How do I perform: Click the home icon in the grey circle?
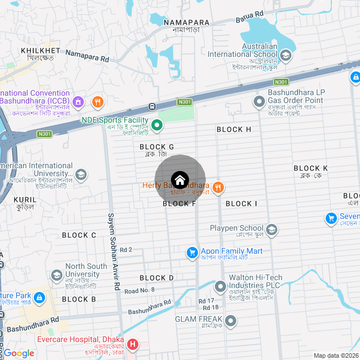179,181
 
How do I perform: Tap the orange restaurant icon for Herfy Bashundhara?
219,187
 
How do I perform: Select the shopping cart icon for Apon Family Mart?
192,253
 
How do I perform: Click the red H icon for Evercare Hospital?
133,344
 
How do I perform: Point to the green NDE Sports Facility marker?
157,125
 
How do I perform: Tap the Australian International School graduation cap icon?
286,55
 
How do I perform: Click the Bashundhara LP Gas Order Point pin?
259,101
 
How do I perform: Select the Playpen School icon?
272,229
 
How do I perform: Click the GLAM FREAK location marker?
231,320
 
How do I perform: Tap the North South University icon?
56,275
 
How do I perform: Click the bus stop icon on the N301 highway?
152,106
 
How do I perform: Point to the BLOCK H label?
234,129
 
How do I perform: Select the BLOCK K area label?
310,168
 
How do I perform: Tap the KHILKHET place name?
40,51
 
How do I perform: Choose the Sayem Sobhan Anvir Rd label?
114,251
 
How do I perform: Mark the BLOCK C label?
79,235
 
